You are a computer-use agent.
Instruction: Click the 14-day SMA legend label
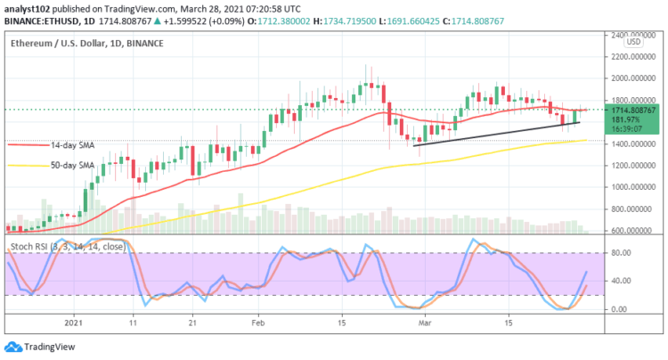71,144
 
